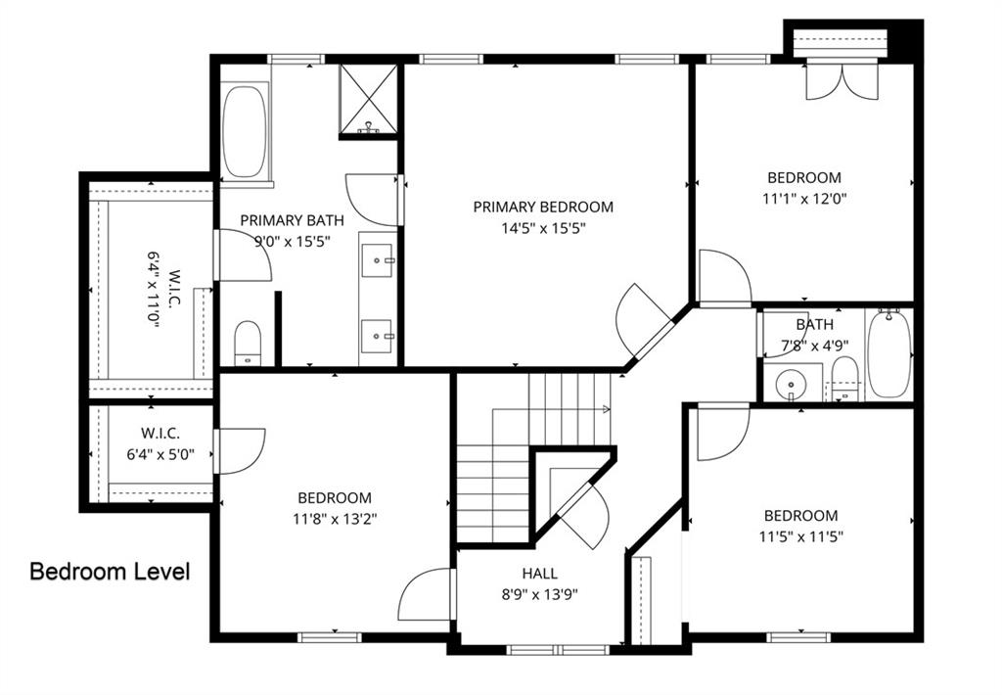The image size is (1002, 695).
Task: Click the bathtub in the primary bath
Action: click(x=245, y=131)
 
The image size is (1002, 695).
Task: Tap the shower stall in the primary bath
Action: click(x=369, y=98)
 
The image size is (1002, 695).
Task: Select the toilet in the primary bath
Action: click(x=249, y=342)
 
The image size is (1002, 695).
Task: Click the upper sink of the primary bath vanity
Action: click(x=378, y=259)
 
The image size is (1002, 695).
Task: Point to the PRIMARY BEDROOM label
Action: click(x=543, y=207)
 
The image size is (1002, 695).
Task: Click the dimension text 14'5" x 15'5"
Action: click(x=543, y=228)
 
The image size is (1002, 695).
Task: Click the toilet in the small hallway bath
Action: click(x=843, y=377)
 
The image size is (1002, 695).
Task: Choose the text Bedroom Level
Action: click(x=110, y=571)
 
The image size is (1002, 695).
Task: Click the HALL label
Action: click(x=540, y=574)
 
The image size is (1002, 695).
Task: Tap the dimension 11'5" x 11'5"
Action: click(x=800, y=536)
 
